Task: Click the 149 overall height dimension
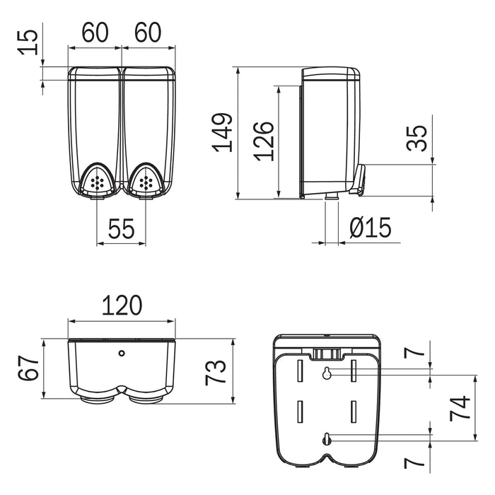(223, 132)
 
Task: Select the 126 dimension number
(263, 141)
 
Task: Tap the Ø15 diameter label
(370, 228)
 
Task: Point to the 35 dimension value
(417, 138)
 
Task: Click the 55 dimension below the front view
(121, 228)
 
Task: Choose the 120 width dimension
(121, 305)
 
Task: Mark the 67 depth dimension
(28, 368)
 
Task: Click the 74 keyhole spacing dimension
(460, 408)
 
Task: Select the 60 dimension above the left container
(95, 33)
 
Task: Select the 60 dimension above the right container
(148, 33)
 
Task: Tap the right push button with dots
(147, 182)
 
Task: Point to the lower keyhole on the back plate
(326, 439)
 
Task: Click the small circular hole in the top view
(121, 352)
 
